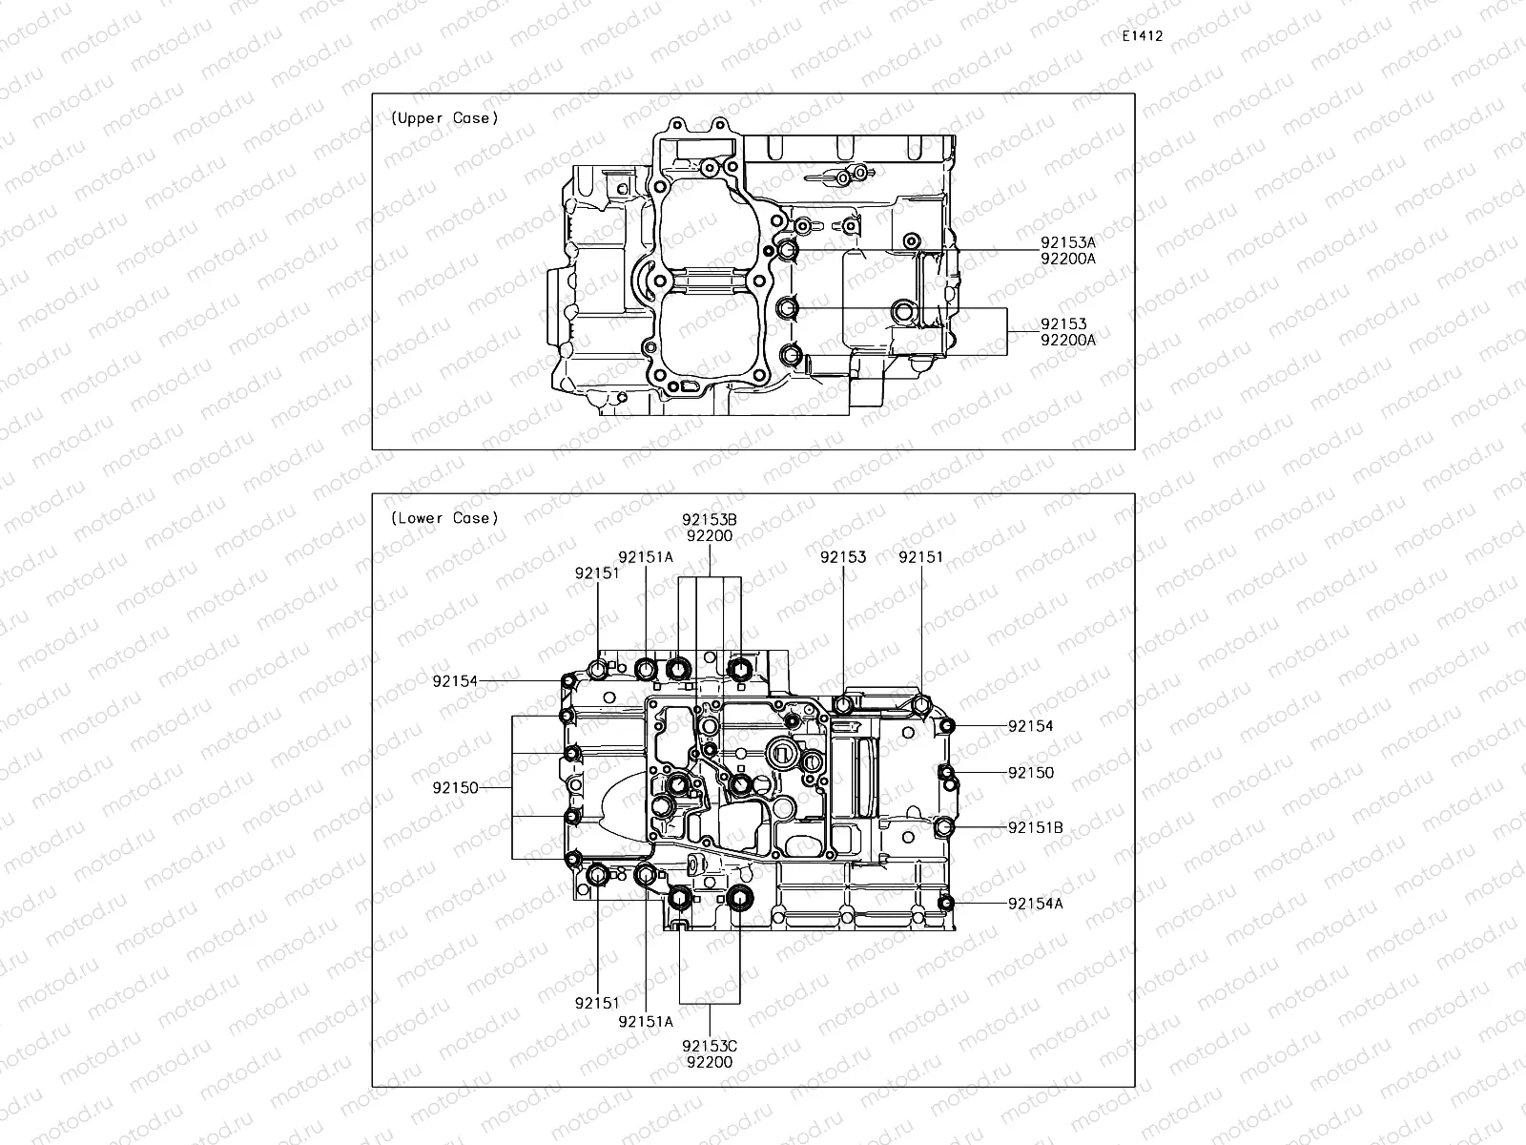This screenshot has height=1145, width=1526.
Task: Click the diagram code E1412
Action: [x=1143, y=36]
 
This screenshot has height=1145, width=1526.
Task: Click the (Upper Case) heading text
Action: [x=443, y=118]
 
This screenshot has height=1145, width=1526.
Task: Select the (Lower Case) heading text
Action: [x=443, y=518]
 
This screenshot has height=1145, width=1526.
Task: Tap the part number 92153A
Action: [x=1068, y=243]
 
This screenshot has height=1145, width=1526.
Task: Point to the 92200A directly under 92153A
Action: [x=1068, y=259]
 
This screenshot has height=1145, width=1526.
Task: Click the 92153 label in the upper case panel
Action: [x=1063, y=324]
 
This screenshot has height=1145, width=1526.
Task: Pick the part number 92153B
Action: [x=709, y=520]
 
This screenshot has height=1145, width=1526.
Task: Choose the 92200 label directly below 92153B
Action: [x=709, y=535]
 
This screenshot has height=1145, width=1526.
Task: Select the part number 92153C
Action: [x=709, y=1046]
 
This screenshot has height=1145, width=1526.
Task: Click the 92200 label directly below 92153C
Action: [x=709, y=1061]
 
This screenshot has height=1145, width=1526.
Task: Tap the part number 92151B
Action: [x=1035, y=827]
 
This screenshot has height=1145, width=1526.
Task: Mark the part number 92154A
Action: [x=1035, y=904]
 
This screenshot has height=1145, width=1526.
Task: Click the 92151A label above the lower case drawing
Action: [x=646, y=557]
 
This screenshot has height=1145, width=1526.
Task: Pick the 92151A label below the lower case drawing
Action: [x=646, y=1021]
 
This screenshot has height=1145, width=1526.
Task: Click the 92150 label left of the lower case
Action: [x=455, y=788]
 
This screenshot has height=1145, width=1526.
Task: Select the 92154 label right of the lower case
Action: [x=1030, y=726]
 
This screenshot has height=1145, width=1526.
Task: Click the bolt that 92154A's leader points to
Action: [x=946, y=904]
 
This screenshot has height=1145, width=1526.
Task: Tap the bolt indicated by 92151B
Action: [x=944, y=826]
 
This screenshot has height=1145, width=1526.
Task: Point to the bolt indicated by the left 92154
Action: [x=568, y=681]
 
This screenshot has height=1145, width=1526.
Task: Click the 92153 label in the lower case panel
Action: [x=843, y=557]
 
